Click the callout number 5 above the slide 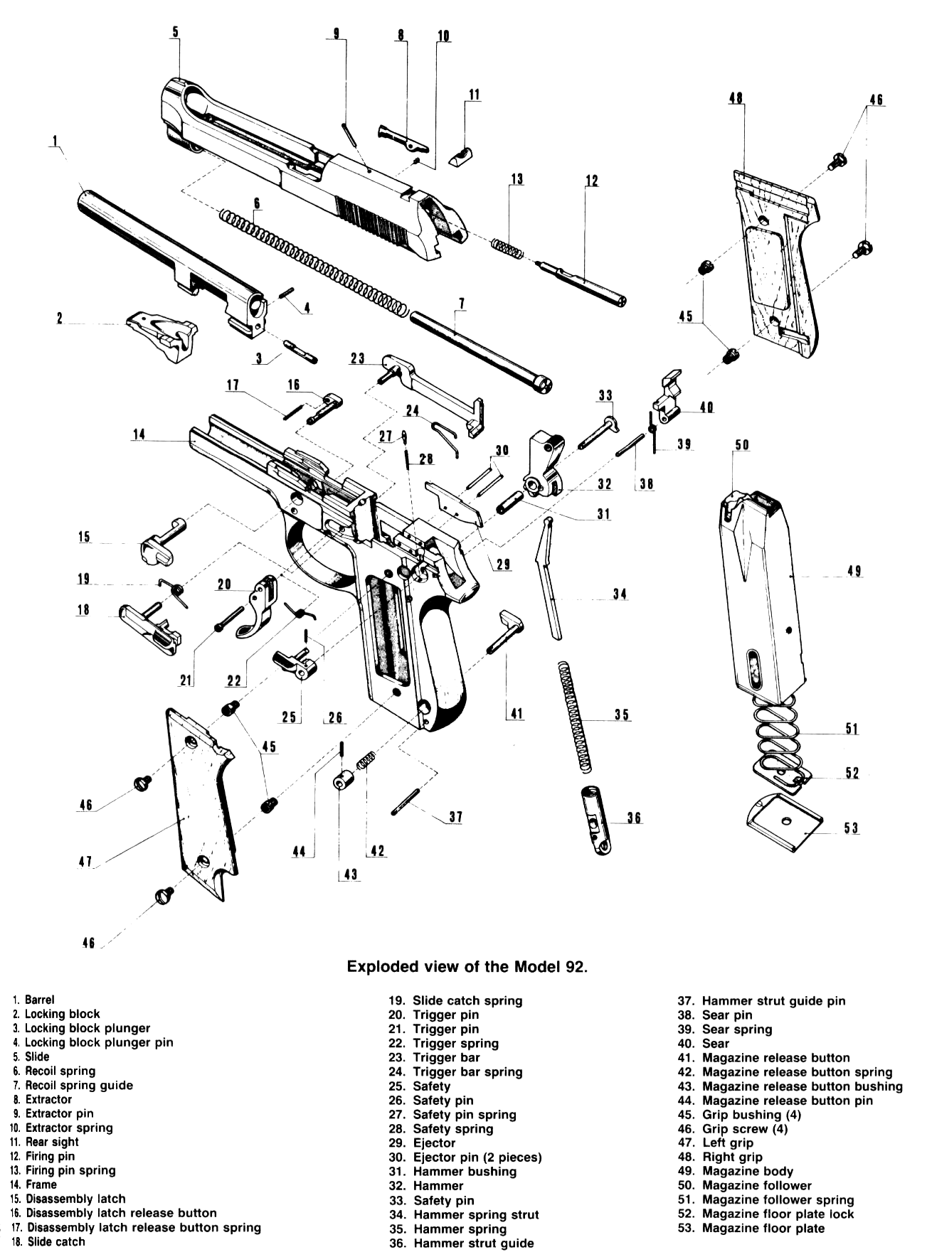[x=175, y=31]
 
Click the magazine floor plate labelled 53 [x=783, y=823]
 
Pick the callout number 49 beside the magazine [x=854, y=571]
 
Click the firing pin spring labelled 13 [x=508, y=248]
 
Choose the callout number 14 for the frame [x=139, y=434]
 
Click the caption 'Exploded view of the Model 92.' [x=467, y=966]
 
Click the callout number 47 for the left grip [x=85, y=862]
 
